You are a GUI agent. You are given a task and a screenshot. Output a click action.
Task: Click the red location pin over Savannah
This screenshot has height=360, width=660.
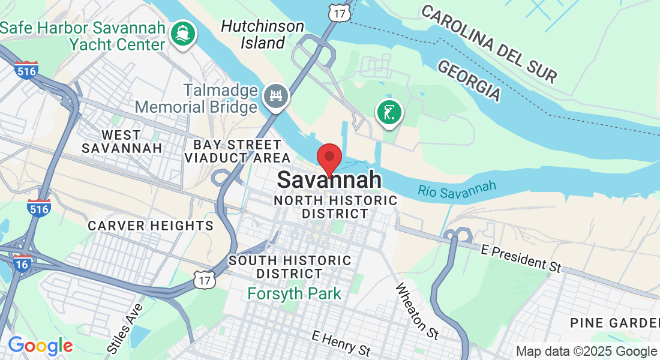coord(329,158)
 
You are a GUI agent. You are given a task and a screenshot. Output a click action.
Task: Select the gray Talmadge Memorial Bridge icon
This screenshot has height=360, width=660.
coord(277,95)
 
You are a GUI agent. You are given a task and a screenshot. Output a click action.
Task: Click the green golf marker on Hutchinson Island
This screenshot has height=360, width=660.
coord(389,112)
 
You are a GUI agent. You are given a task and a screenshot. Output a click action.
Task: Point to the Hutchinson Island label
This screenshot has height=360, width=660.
coord(262,34)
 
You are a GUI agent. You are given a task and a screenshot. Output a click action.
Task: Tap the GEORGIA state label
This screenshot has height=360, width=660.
coord(469,80)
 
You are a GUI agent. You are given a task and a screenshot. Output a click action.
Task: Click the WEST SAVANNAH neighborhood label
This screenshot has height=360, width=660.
coord(122,141)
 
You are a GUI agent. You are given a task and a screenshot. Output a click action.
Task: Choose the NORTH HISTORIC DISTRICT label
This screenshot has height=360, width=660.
coord(335,207)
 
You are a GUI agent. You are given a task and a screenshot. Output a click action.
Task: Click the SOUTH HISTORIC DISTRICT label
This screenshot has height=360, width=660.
coord(290,267)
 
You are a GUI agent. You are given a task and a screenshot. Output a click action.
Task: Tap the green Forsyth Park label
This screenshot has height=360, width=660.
coord(295,294)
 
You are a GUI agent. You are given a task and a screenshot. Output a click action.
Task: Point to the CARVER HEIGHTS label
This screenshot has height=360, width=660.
coord(151,226)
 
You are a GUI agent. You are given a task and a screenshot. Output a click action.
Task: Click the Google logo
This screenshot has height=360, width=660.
coord(40,346)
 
